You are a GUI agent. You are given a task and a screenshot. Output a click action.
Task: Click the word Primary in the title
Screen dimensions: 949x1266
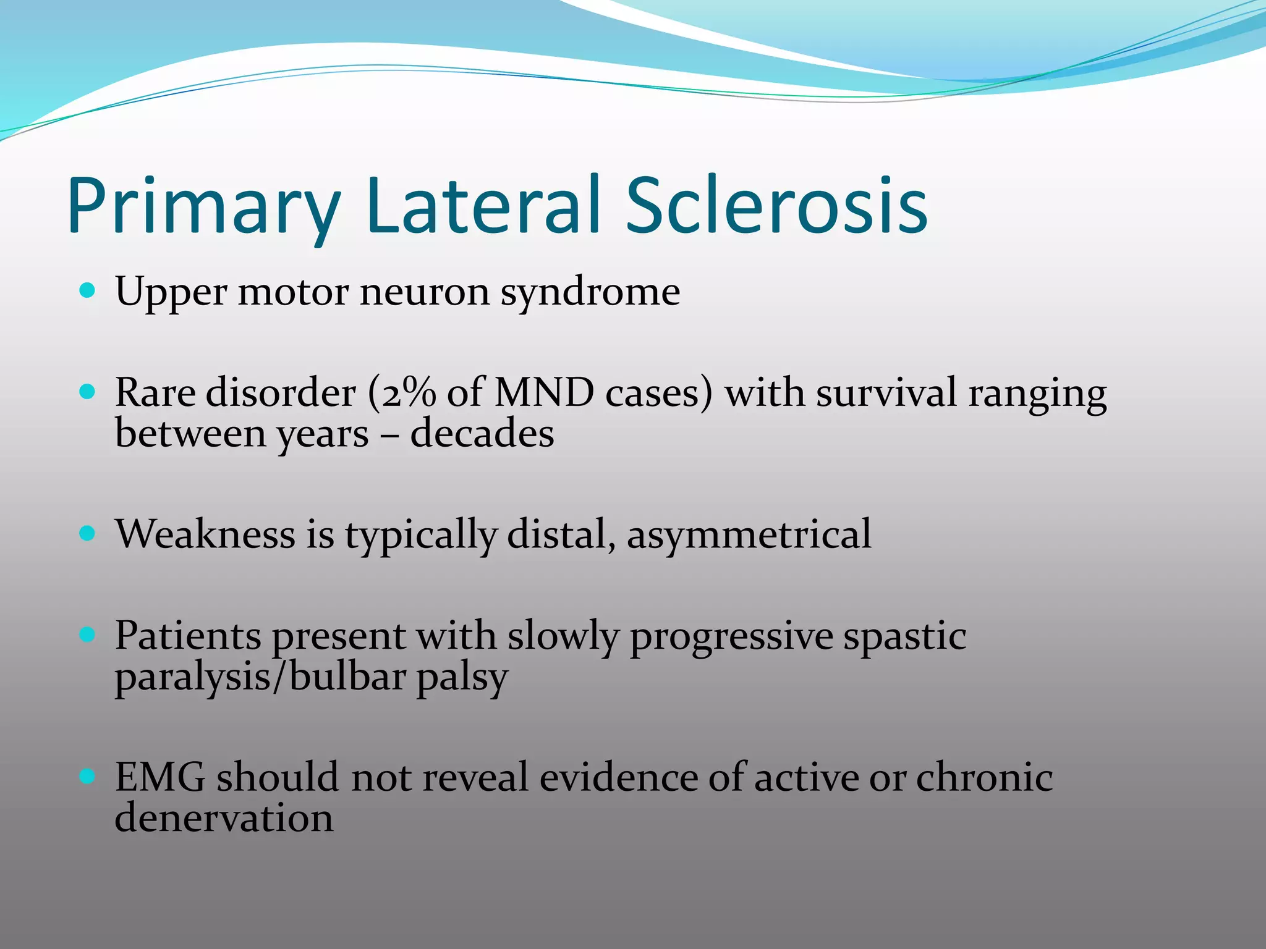coord(204,207)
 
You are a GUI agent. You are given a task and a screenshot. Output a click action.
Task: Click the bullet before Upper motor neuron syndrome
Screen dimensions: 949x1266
coord(88,290)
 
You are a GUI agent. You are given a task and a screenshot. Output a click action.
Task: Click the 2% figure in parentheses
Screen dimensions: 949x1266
coord(409,392)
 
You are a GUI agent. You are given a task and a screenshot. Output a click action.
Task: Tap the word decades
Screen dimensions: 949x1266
coord(482,433)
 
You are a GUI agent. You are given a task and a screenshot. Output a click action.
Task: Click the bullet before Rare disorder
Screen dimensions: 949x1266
coord(88,391)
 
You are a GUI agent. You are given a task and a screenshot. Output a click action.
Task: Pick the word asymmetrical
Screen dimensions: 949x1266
coord(749,535)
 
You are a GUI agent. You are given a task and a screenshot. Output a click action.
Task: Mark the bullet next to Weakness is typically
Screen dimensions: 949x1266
coord(88,533)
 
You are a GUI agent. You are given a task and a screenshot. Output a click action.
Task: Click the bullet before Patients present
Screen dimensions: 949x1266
coord(88,634)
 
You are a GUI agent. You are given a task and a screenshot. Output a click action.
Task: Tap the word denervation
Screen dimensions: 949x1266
coord(224,818)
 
